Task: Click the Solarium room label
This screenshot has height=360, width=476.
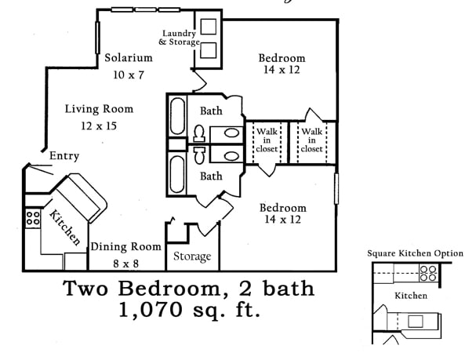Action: (x=129, y=58)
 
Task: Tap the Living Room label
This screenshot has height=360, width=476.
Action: (x=99, y=109)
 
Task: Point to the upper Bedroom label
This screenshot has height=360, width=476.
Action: (x=282, y=58)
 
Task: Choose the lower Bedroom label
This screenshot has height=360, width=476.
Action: (x=282, y=208)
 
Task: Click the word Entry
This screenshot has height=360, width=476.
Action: (x=64, y=157)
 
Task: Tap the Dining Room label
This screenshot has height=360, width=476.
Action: (x=125, y=246)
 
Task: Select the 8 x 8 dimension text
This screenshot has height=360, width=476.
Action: (x=125, y=262)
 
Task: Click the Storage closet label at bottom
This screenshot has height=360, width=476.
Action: (x=192, y=256)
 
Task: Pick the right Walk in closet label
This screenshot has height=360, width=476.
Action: (x=311, y=140)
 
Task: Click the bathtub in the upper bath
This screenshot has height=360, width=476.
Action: (x=177, y=117)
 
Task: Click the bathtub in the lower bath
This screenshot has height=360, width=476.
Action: (x=177, y=175)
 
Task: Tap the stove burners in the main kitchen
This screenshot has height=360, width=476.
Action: (x=33, y=218)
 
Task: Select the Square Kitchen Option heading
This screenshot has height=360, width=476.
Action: (x=415, y=253)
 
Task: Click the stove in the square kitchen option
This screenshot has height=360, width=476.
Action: (x=428, y=274)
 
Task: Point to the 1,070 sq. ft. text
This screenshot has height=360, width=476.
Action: (x=188, y=309)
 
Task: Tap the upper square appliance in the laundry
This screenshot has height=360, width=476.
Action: (x=209, y=26)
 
